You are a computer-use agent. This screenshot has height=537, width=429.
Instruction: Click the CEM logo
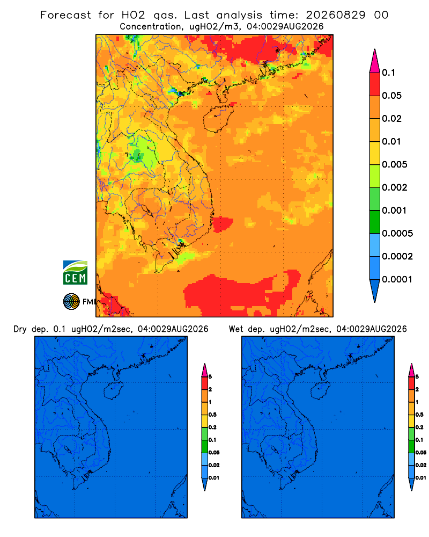[x=75, y=272]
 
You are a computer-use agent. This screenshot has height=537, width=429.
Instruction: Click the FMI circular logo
[x=71, y=301]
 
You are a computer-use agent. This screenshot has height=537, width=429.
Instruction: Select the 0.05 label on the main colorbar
[x=391, y=96]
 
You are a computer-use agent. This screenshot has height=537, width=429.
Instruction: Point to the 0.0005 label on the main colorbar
[x=397, y=234]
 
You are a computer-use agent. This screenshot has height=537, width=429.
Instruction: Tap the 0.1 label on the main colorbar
[x=388, y=72]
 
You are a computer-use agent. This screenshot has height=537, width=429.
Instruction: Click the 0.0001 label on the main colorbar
[x=397, y=279]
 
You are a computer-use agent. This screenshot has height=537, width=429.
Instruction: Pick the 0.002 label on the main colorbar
[x=395, y=187]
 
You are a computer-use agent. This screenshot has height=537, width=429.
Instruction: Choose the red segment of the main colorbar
[x=375, y=84]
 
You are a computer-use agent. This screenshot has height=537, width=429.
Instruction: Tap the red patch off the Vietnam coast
[x=223, y=224]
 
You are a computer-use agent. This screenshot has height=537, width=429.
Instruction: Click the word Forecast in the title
[x=65, y=15]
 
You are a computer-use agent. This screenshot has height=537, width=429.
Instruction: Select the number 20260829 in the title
[x=336, y=15]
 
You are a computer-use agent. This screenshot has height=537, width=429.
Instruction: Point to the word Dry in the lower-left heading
[x=20, y=329]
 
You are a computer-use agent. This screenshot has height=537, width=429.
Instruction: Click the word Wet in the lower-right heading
[x=236, y=329]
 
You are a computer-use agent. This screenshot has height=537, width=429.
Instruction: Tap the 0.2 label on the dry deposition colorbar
[x=212, y=427]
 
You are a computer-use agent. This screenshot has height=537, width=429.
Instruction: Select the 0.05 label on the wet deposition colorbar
[x=421, y=453]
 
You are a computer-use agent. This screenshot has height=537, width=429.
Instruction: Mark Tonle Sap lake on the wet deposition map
[x=275, y=449]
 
